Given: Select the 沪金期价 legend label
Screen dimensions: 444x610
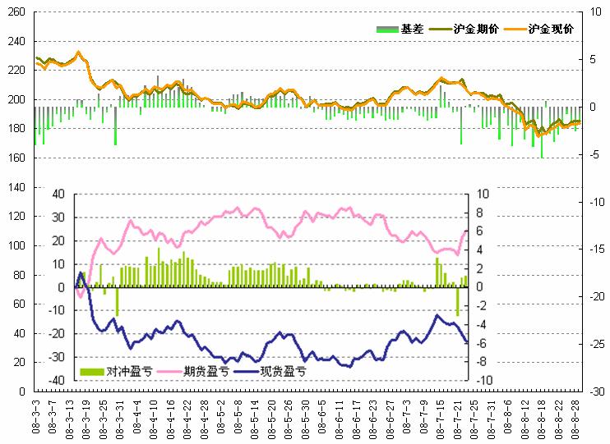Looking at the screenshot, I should [x=475, y=29].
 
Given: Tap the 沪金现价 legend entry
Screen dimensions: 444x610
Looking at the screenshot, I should [x=550, y=29].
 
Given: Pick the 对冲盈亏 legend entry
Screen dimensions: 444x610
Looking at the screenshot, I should [x=122, y=371].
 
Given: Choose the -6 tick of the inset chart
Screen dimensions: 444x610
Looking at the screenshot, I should [x=481, y=343].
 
